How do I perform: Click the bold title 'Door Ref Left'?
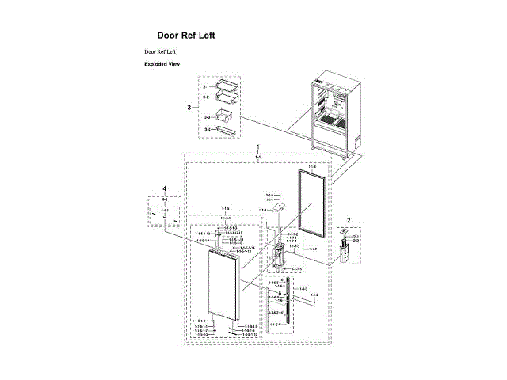185,36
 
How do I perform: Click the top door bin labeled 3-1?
227,85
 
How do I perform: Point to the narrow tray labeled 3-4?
227,128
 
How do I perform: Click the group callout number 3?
189,107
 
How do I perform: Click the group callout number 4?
164,188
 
